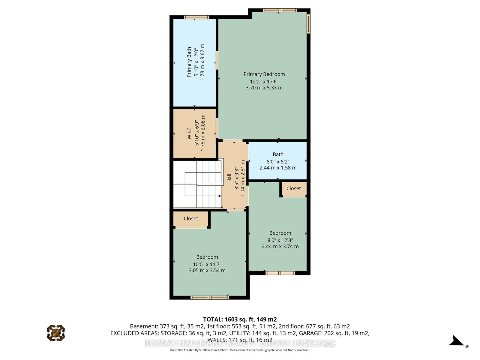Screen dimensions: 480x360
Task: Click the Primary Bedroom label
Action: coord(264,74)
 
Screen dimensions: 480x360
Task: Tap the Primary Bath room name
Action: coord(189,62)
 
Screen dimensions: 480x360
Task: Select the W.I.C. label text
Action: coord(189,133)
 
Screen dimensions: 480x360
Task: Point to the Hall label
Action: coord(229,178)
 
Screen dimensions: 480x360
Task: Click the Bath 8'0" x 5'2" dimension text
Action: coord(278,162)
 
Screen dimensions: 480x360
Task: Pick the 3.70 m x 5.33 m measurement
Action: coord(264,88)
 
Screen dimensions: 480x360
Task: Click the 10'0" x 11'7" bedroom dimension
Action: coord(207,264)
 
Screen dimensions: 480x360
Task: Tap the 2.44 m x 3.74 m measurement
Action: coord(280,246)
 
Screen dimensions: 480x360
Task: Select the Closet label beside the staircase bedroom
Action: coord(191,219)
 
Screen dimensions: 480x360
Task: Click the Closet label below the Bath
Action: coord(293,188)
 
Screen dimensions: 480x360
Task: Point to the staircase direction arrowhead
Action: coord(220,196)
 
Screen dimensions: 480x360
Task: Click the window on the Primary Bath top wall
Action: coord(196,17)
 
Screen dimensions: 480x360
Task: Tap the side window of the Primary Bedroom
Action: coord(308,24)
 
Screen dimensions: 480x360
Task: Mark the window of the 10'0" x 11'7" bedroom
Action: coord(210,298)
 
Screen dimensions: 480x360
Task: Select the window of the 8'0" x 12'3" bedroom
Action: coord(280,273)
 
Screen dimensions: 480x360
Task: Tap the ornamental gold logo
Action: coord(56,333)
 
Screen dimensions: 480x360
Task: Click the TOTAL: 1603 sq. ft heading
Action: coord(240,319)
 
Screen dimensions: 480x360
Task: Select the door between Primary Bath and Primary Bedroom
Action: coord(217,60)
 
